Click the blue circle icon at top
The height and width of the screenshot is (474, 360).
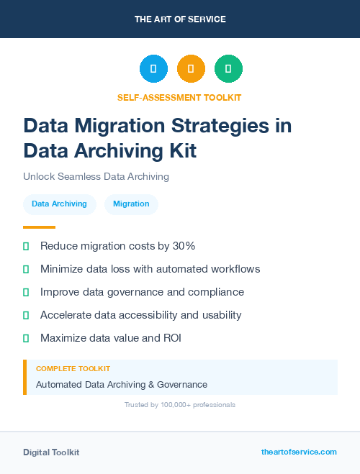pos(153,68)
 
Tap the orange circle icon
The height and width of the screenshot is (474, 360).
pos(191,68)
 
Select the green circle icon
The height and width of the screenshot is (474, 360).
pos(228,68)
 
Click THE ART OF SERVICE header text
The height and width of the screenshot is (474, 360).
pos(180,19)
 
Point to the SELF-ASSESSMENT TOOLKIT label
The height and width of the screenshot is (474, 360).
pos(179,97)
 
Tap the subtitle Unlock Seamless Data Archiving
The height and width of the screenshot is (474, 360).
pos(96,176)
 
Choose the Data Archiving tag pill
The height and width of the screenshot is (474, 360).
pos(59,204)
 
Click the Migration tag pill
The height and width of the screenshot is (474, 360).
pos(131,204)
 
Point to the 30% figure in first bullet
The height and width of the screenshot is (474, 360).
pos(181,246)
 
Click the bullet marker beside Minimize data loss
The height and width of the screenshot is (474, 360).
pos(26,269)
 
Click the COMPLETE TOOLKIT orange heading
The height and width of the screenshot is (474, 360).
pos(73,368)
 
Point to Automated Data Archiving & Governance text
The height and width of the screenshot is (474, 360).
pos(122,385)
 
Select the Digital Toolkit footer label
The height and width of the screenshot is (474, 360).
pos(51,452)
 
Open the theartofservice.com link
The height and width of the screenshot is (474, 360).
pos(299,452)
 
